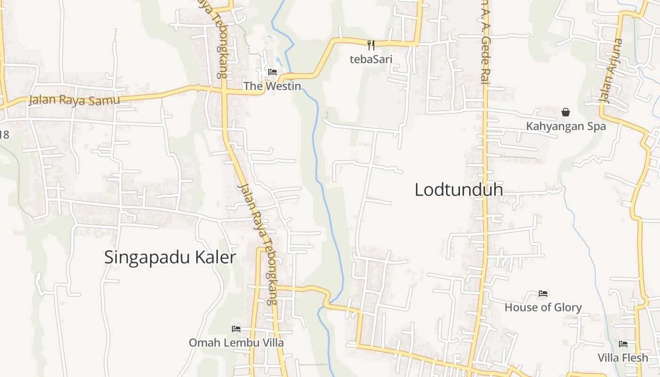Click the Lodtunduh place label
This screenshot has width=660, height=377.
458,190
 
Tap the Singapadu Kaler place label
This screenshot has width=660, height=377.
170,257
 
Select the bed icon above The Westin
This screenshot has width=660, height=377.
272,72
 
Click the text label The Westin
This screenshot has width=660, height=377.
272,86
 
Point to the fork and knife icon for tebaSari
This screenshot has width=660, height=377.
371,45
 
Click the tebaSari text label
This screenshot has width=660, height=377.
371,59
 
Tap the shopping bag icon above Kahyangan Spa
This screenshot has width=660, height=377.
566,112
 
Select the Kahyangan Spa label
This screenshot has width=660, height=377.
566,126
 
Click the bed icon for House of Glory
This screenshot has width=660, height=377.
543,294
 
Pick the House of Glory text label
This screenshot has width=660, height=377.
543,308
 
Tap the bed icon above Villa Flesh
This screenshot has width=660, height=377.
623,344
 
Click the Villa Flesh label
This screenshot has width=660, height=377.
623,358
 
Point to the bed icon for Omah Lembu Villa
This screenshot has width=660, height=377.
236,328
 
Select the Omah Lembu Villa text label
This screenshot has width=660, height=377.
236,343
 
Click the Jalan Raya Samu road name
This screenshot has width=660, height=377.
74,100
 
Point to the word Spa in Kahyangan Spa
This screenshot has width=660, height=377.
596,126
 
